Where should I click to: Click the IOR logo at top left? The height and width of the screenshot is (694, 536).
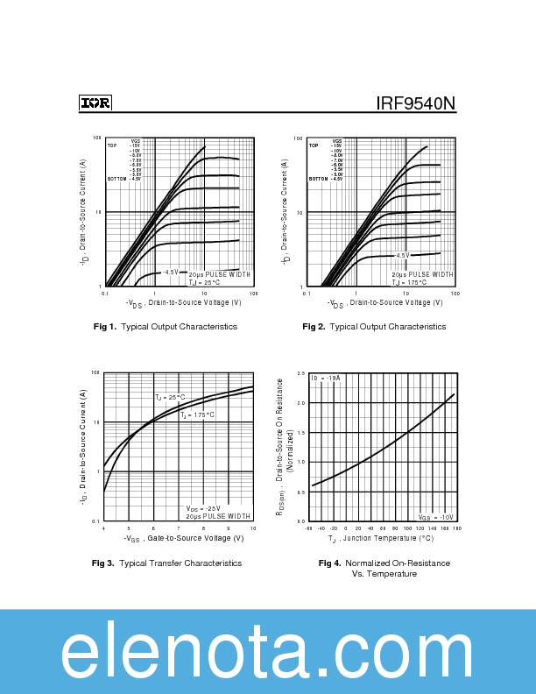click(x=95, y=103)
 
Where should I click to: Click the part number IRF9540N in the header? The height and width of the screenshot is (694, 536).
click(x=416, y=103)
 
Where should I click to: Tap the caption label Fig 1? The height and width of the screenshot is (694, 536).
click(x=105, y=327)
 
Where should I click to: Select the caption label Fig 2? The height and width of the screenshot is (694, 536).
click(x=314, y=327)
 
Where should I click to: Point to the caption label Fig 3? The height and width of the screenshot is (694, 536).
click(x=104, y=563)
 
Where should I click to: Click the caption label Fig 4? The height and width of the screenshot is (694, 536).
click(x=329, y=563)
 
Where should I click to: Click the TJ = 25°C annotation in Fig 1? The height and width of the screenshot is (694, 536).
click(x=205, y=282)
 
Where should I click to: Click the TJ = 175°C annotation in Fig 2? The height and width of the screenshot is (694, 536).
click(x=409, y=282)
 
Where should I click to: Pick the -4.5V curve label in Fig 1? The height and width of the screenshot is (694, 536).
click(x=170, y=272)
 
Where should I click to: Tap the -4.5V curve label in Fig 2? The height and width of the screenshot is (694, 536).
click(x=401, y=255)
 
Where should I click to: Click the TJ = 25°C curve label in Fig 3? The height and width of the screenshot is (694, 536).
click(x=170, y=398)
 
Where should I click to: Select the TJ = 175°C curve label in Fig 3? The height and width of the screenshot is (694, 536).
click(x=197, y=415)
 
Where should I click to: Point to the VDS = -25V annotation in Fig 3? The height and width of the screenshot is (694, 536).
click(x=203, y=508)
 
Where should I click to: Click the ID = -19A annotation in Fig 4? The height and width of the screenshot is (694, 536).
click(x=326, y=378)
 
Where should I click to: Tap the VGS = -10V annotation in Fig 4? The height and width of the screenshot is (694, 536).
click(x=435, y=518)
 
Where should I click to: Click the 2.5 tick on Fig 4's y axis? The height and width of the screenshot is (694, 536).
click(x=301, y=374)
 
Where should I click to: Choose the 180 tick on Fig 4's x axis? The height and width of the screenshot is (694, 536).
click(x=456, y=529)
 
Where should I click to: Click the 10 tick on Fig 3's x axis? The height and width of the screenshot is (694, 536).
click(x=253, y=528)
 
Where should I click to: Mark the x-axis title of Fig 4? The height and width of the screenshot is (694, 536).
click(x=382, y=539)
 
